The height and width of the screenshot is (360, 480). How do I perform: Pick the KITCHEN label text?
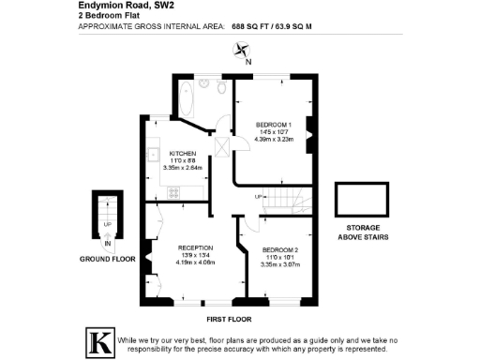[x=182, y=153]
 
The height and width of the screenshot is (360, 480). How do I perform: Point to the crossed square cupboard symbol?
[x=222, y=146]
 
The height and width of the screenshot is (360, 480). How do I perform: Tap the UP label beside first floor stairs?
[x=258, y=196]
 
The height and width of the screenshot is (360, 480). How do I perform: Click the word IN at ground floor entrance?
[x=107, y=242]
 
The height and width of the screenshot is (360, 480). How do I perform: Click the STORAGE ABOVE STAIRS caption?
[x=360, y=232]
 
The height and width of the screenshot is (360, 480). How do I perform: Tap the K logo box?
[x=99, y=340]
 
